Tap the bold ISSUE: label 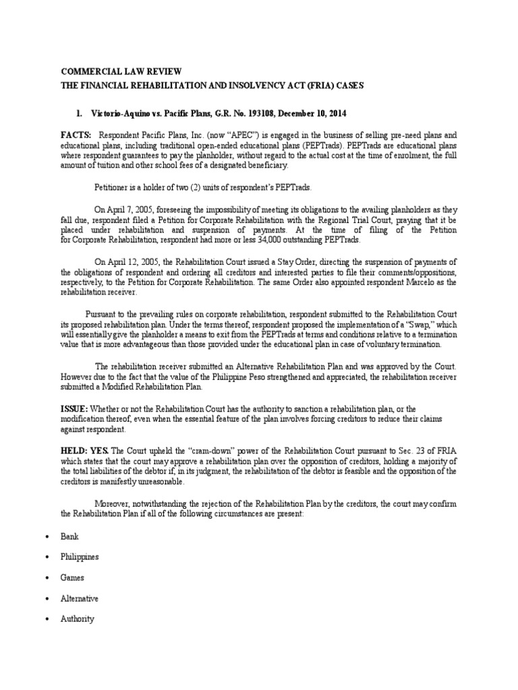coord(74,409)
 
